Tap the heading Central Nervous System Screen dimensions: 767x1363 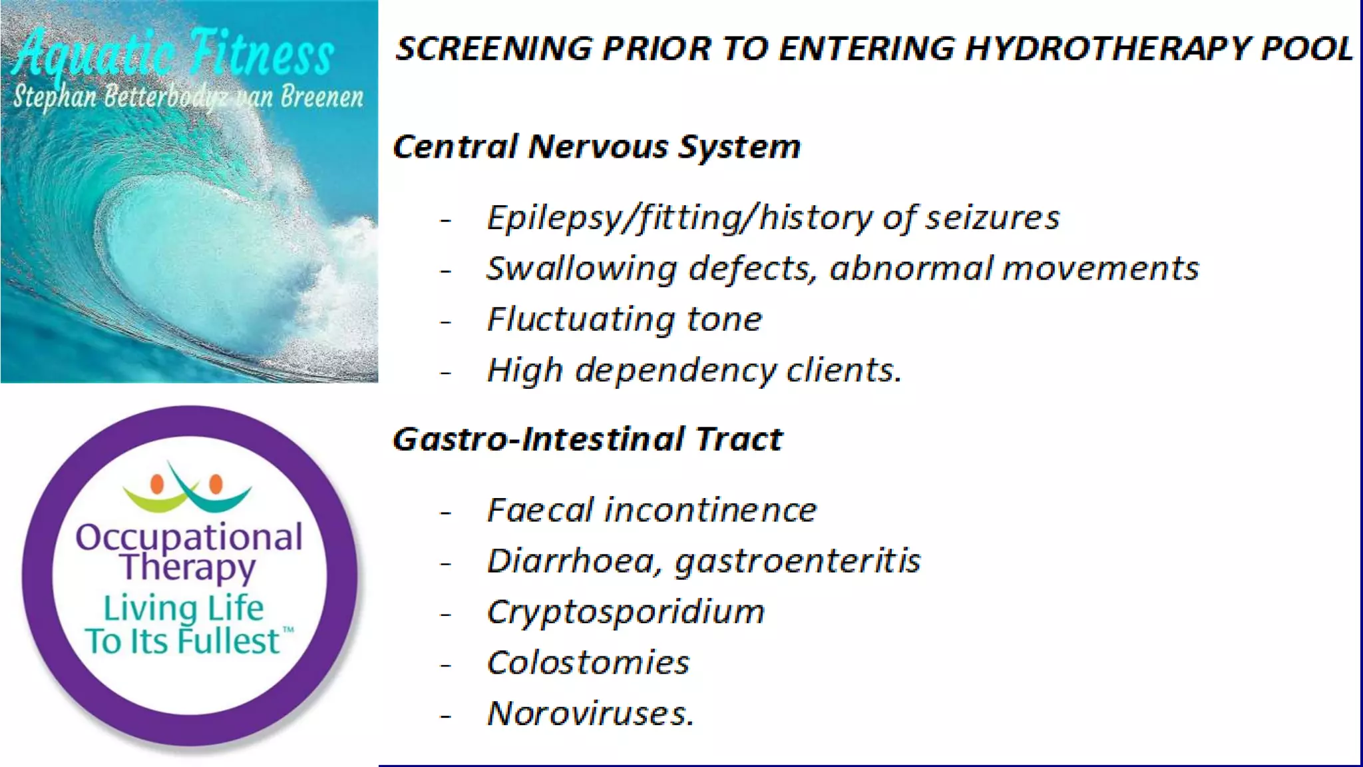[596, 146]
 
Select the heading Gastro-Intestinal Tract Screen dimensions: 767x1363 [588, 439]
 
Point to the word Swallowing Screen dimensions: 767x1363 [582, 269]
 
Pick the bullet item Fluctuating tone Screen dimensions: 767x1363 [624, 320]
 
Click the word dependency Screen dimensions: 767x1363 [675, 371]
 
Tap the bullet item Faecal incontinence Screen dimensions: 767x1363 [652, 511]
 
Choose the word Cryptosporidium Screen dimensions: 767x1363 [626, 613]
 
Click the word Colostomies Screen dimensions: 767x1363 [588, 663]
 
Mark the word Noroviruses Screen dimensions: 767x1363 [590, 714]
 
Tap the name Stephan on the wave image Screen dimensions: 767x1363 [55, 98]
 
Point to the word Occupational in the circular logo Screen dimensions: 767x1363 [189, 537]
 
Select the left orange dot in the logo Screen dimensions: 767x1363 [157, 484]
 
